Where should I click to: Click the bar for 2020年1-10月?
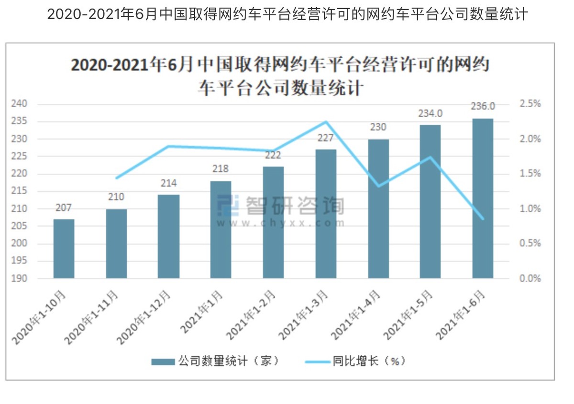(64, 249)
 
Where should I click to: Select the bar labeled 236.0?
(482, 198)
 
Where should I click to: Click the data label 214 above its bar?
(168, 184)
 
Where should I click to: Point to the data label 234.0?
(430, 113)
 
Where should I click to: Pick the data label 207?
(64, 208)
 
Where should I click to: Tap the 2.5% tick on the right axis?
(530, 104)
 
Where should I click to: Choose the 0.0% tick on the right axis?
(530, 278)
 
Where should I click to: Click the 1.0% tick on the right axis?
(530, 209)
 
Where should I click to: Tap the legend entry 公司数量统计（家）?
(215, 361)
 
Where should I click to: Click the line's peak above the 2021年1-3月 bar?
(326, 121)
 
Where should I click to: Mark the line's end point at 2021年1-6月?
(482, 219)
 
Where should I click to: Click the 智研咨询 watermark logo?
(280, 206)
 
